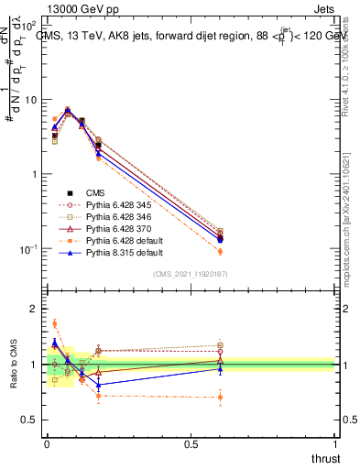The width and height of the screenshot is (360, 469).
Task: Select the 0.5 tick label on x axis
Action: pyautogui.click(x=191, y=442)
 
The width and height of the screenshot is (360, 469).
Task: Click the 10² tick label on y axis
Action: pyautogui.click(x=29, y=25)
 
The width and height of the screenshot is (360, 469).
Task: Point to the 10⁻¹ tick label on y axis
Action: pyautogui.click(x=29, y=248)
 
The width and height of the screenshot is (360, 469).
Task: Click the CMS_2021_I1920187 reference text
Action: pyautogui.click(x=191, y=274)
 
